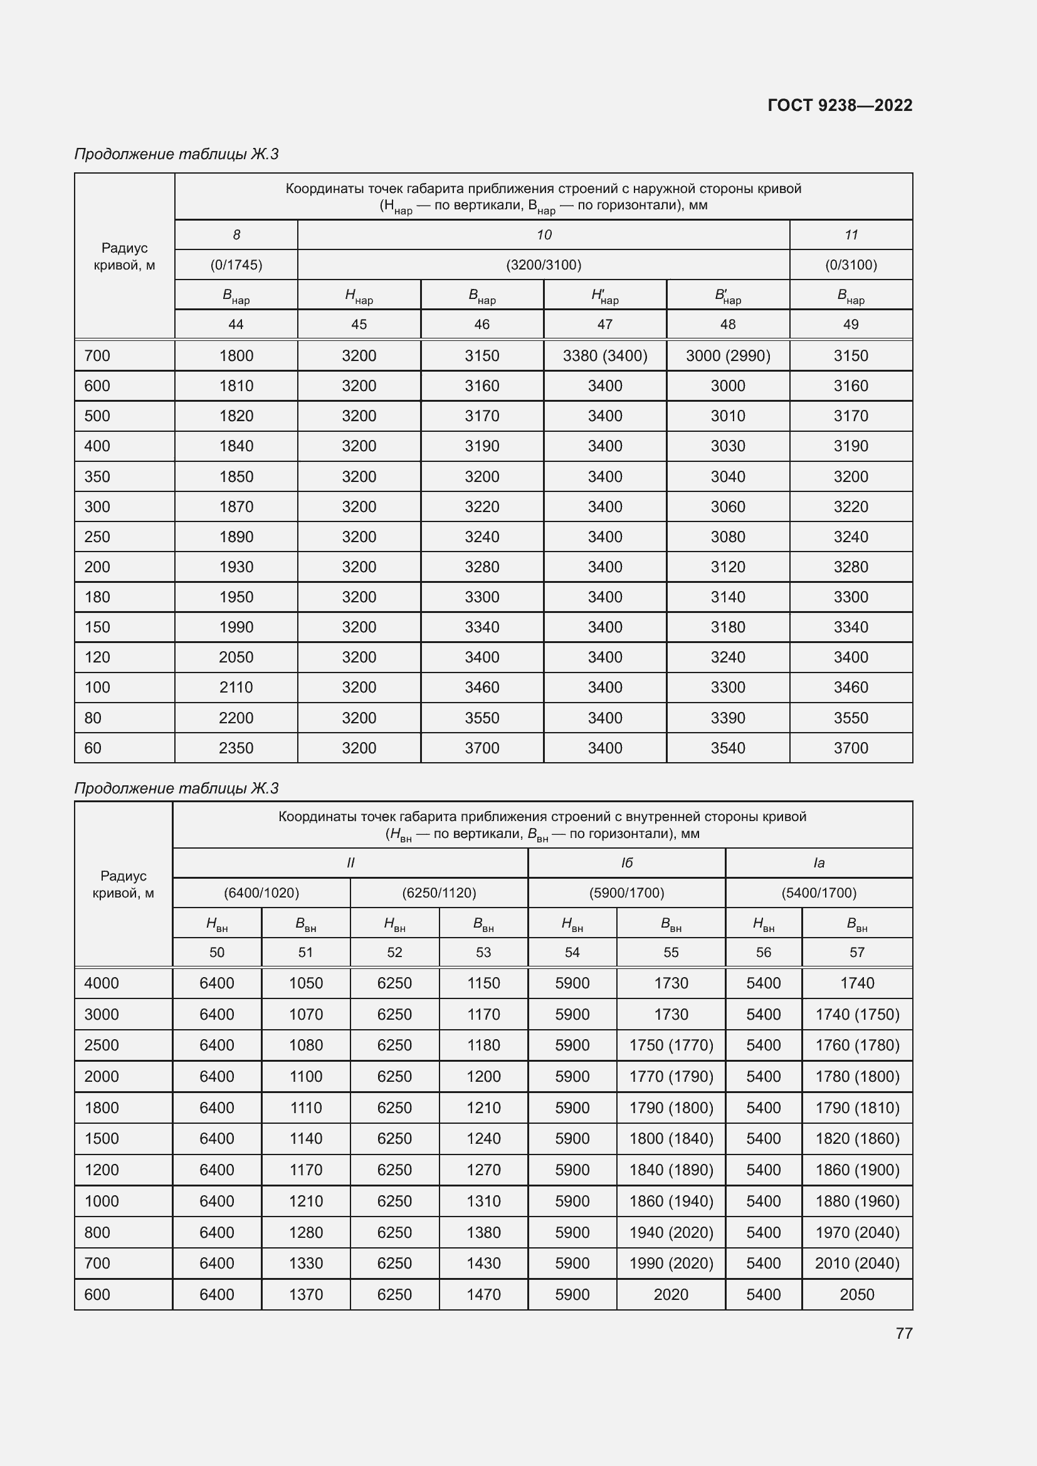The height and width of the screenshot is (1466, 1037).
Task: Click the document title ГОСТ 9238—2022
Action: pos(840,105)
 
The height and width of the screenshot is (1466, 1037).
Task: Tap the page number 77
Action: pos(903,1333)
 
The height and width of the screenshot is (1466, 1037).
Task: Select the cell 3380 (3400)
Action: pos(604,355)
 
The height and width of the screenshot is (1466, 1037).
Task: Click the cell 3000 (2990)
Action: pos(728,355)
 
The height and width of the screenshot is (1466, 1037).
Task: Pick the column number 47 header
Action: pos(604,325)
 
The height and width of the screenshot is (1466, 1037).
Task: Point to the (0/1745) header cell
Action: pos(236,264)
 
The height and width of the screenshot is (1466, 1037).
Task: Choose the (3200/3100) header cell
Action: pos(544,264)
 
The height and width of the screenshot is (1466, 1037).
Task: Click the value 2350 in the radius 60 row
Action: pos(236,748)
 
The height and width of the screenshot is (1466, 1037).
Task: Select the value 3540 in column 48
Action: pos(728,748)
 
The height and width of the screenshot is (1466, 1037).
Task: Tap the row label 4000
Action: pos(102,983)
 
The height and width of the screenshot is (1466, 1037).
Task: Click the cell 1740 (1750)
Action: pos(857,1014)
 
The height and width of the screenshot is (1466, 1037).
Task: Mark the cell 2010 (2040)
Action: pos(857,1263)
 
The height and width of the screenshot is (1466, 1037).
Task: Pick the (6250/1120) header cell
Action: pos(440,893)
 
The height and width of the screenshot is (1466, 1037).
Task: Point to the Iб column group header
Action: pos(626,862)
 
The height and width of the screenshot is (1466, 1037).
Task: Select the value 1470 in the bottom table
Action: pos(483,1294)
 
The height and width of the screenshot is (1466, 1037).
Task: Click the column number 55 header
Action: pos(671,952)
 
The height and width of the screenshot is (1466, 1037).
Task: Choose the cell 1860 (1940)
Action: pos(671,1201)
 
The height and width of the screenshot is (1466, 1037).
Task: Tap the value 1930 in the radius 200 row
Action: pos(236,567)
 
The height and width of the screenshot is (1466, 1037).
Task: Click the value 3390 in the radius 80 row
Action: pos(728,718)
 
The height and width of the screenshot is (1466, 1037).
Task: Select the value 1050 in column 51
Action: pos(306,983)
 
